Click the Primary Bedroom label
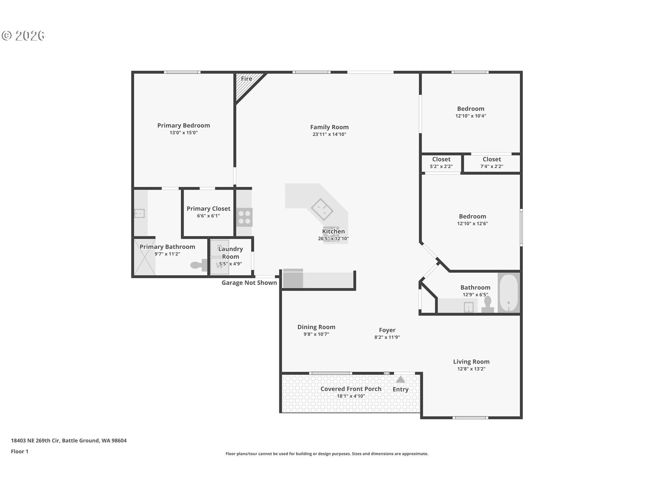pos(184,126)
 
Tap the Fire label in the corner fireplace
pos(247,79)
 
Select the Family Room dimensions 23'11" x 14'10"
pos(329,134)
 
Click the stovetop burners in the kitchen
pos(245,217)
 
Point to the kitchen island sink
pos(322,210)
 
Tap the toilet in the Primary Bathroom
pos(199,265)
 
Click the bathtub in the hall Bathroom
pos(509,293)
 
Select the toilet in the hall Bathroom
pos(488,304)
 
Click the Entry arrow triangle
pos(401,379)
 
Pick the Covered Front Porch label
pos(351,389)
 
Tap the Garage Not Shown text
pos(249,283)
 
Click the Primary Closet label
pos(208,209)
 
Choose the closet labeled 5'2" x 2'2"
pos(441,163)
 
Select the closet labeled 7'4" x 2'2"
pos(492,163)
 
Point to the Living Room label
pos(471,362)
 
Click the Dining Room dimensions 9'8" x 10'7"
pos(316,334)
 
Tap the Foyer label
pos(387,330)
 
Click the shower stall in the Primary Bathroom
pos(144,257)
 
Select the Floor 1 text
pos(20,452)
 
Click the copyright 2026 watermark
pos(23,36)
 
